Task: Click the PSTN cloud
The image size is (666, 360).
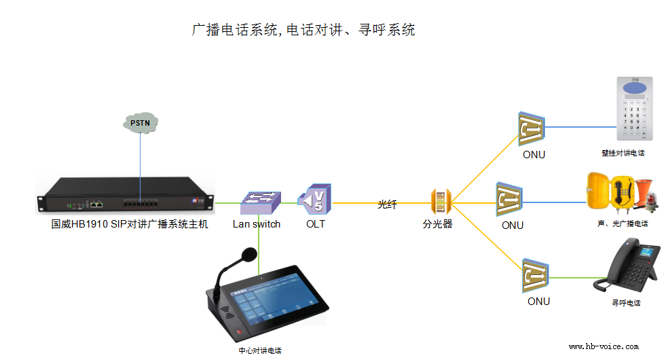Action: (141, 122)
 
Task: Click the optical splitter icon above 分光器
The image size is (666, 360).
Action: (441, 202)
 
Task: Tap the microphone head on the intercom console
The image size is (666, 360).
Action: (246, 256)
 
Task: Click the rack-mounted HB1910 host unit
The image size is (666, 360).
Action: (126, 196)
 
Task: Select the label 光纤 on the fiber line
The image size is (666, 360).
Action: (387, 204)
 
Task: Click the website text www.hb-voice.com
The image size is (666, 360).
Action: (604, 346)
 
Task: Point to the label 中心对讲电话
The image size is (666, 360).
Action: (259, 350)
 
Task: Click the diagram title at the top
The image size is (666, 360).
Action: (303, 30)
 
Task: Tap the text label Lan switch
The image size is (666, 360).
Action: (256, 224)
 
